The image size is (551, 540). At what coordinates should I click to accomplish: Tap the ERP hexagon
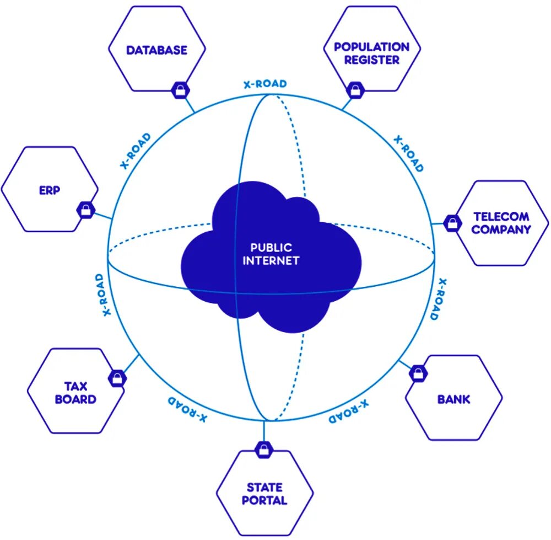tap(50, 189)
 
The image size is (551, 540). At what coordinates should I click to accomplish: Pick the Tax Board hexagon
tap(75, 392)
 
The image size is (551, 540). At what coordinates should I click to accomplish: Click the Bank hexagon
tap(453, 398)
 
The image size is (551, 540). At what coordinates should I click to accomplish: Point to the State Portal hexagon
tap(264, 493)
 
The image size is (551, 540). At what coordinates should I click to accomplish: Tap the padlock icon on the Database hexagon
tap(180, 90)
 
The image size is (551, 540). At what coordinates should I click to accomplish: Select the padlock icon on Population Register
tap(354, 89)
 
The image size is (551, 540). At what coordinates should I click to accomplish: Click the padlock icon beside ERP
tap(85, 209)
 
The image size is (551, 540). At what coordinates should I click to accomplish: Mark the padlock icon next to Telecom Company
tap(452, 223)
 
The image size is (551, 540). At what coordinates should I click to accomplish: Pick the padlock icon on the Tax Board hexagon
tap(117, 378)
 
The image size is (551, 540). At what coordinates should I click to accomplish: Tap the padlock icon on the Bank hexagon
tap(418, 373)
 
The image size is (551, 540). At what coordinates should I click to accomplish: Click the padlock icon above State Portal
tap(264, 449)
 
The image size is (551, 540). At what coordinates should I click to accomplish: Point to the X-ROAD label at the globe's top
tap(265, 84)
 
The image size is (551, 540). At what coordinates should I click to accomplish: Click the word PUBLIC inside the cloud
tap(271, 248)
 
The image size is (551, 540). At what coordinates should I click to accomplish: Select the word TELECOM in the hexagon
tap(501, 217)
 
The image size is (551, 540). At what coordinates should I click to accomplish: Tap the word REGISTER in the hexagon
tap(372, 60)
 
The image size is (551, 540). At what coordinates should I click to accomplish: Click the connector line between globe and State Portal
tap(264, 430)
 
